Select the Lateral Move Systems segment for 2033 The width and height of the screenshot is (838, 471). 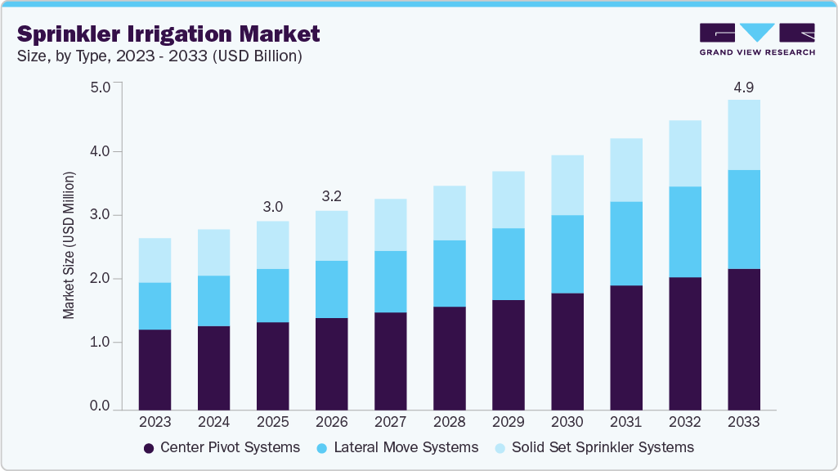pos(743,219)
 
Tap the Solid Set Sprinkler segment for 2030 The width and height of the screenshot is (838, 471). pos(567,185)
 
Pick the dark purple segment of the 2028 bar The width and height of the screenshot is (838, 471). pos(449,357)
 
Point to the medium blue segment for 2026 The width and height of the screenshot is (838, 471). pos(331,289)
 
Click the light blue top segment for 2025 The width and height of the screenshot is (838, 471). pos(272,244)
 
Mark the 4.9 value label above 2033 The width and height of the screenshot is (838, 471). pos(743,87)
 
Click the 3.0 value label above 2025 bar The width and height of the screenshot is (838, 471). pos(272,207)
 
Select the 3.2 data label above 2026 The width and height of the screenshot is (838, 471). pos(331,197)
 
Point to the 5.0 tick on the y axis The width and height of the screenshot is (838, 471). pos(100,87)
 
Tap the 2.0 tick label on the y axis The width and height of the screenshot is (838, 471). pos(100,279)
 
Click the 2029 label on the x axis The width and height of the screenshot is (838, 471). pos(508,423)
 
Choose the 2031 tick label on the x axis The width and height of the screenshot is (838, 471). pos(625,423)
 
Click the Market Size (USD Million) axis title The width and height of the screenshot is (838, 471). pos(69,245)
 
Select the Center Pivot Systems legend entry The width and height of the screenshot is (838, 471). pos(222,447)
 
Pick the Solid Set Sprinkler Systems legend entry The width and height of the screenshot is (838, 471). pos(595,447)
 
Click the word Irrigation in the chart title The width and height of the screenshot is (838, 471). pos(177,34)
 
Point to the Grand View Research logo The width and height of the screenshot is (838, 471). pos(756,39)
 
